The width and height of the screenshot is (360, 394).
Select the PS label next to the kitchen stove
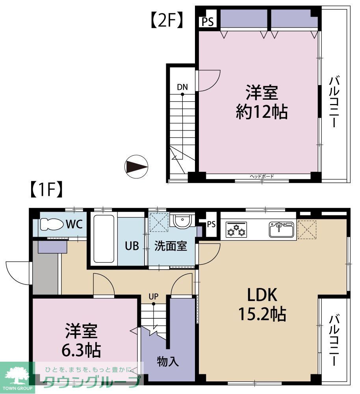tap(211, 225)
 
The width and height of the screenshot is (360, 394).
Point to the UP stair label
tap(154, 296)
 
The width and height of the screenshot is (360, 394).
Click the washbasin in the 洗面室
tap(182, 222)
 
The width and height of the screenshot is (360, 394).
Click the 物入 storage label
tap(168, 361)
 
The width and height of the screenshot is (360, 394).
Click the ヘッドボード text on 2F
tap(262, 177)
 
